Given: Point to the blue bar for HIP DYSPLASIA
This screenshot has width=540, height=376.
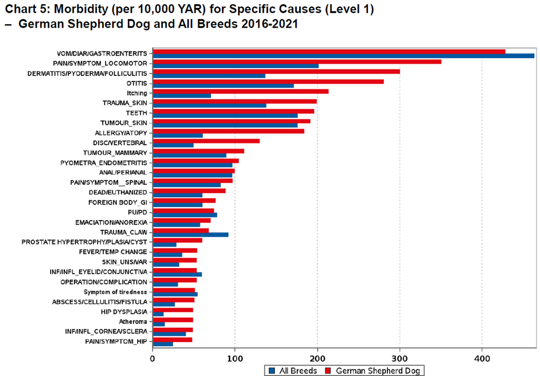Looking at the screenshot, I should click(x=158, y=314).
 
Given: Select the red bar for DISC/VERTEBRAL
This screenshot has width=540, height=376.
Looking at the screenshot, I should click(x=206, y=141).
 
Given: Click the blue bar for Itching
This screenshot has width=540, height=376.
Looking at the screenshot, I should click(x=182, y=95).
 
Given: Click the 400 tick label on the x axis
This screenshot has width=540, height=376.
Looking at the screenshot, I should click(x=482, y=358).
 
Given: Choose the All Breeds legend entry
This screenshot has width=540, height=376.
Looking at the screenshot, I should click(x=292, y=370).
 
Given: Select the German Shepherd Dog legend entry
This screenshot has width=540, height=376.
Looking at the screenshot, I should click(x=374, y=370).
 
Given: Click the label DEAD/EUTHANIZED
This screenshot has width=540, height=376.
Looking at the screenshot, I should click(x=118, y=192).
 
